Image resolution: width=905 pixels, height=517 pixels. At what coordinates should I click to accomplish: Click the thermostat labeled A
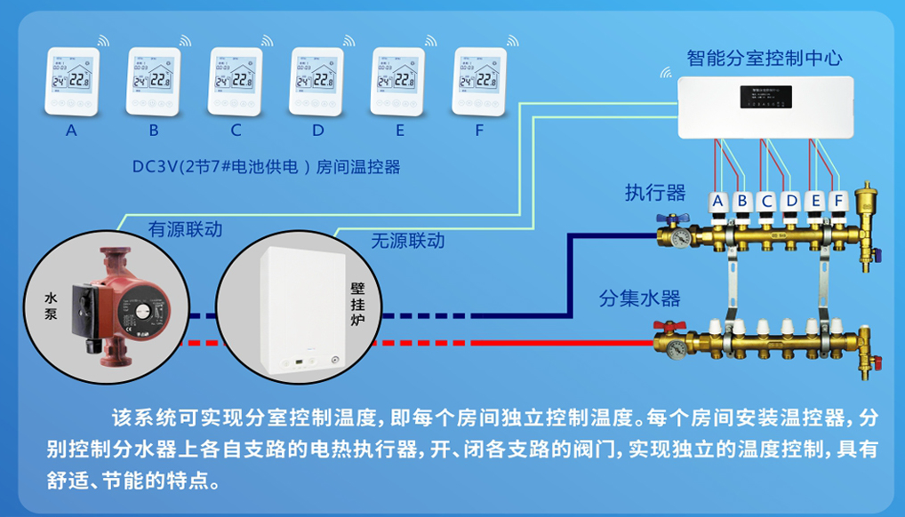[72, 81]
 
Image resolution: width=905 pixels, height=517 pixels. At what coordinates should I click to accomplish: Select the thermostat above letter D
[317, 81]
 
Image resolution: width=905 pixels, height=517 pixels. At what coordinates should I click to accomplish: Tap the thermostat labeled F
[480, 81]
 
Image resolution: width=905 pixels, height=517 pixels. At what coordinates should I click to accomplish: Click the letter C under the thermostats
[236, 131]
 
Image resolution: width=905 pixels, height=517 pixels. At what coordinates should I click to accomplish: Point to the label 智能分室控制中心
[765, 59]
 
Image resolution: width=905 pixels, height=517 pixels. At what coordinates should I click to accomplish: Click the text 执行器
[655, 193]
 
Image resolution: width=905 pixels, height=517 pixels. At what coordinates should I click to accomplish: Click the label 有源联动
[185, 230]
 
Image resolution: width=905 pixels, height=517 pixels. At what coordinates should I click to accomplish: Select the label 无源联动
[407, 241]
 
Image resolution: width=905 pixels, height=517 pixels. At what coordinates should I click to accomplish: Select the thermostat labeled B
[154, 81]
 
